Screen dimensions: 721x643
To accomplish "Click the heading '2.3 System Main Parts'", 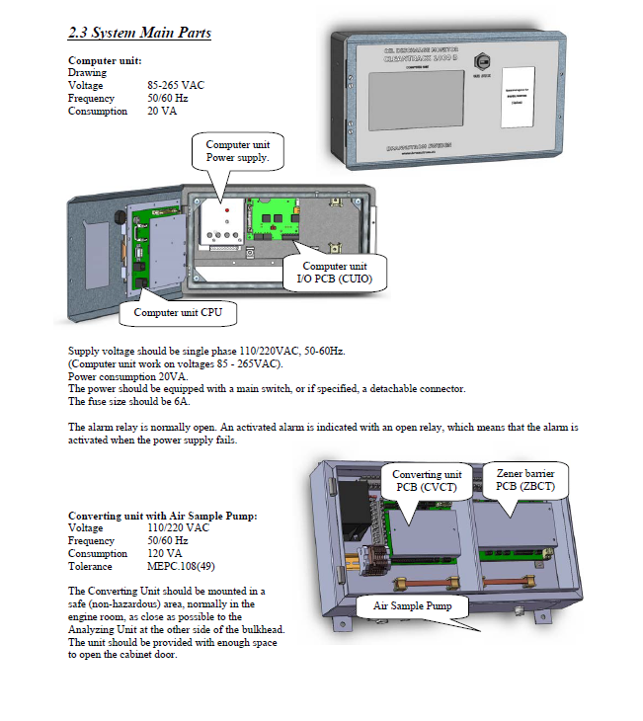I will click(139, 33).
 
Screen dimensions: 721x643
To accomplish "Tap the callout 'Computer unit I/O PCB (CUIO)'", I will click(333, 273).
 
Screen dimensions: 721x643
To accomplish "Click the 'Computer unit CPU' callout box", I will click(178, 312).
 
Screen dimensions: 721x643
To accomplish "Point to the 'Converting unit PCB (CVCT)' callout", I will click(426, 480).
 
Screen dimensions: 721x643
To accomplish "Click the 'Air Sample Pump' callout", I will click(411, 604).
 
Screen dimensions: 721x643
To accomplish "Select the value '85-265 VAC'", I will click(176, 86).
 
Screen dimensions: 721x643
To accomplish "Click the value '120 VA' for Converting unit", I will click(164, 554).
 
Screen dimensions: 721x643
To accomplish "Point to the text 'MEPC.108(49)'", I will click(179, 567).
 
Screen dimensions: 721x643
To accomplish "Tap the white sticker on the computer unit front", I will click(519, 98).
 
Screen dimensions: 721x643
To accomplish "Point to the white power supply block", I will click(223, 223).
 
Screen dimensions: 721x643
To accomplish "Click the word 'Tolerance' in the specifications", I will click(89, 567).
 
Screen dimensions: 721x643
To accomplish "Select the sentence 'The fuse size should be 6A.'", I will click(129, 402).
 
